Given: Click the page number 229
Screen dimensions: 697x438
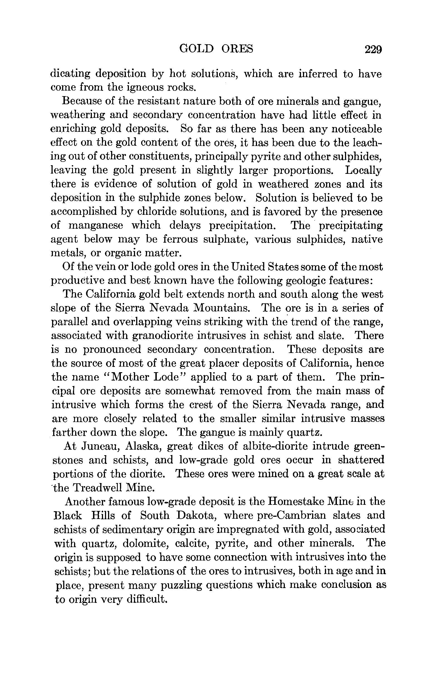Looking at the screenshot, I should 373,50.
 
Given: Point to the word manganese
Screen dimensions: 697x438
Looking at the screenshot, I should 96,225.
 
